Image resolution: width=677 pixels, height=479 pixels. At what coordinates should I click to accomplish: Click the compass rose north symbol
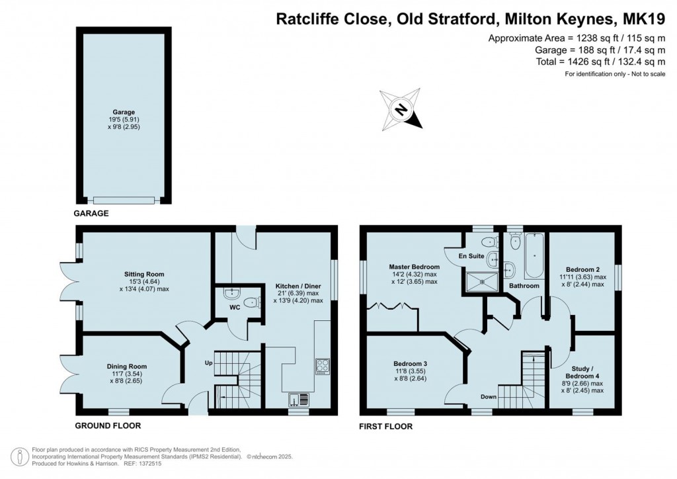pos(401,109)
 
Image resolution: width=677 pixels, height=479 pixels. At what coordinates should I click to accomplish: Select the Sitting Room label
pos(143,274)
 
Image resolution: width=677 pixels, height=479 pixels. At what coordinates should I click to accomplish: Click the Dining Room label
pos(127,366)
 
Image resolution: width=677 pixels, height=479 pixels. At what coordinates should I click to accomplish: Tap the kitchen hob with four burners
pos(322,366)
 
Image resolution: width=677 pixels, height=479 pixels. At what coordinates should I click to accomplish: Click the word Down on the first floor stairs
pos(489,397)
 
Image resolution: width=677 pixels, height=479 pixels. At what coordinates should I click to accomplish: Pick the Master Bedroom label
pos(414,267)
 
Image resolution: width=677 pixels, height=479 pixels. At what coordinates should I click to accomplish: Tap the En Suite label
pos(473,255)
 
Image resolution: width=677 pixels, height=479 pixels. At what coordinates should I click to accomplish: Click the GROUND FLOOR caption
pos(107,425)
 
